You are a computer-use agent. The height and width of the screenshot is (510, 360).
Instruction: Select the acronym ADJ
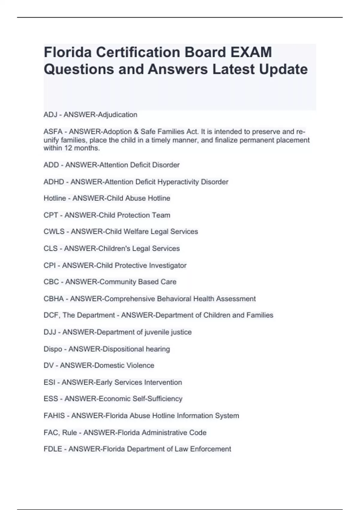[x=50, y=115]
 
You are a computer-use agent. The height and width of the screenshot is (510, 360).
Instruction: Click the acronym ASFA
[x=53, y=132]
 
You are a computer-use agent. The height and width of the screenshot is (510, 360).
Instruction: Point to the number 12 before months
[x=68, y=148]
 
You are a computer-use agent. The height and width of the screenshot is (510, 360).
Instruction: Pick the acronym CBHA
[x=54, y=299]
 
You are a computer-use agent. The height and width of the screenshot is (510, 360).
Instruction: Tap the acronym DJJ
[x=50, y=332]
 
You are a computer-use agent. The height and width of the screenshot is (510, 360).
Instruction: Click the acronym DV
[x=49, y=365]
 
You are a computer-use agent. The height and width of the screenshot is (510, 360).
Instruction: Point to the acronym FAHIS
[x=54, y=415]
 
